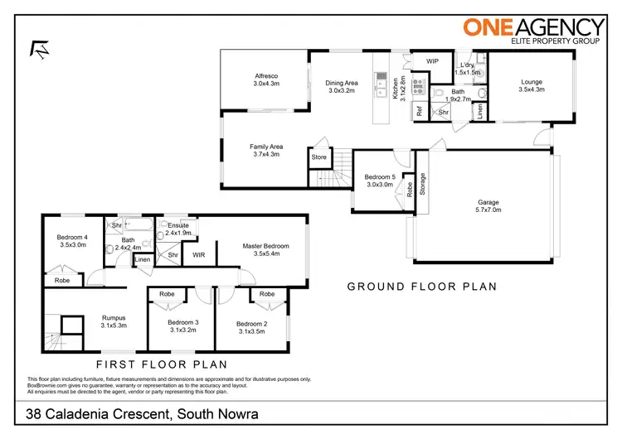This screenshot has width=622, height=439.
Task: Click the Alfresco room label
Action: tap(265, 79)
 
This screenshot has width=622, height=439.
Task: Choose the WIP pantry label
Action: tap(432, 61)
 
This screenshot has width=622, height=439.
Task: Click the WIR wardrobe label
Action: tap(198, 255)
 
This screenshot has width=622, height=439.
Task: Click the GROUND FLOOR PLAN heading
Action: tap(421, 287)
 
